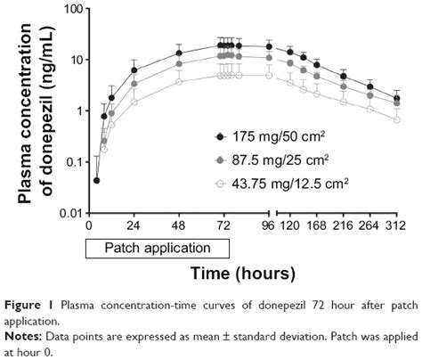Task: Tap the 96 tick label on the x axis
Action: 268,226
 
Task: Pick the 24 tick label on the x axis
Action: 134,226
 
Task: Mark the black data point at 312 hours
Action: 396,97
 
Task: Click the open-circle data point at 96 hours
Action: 268,76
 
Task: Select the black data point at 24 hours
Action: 134,70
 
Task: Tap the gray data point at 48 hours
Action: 179,63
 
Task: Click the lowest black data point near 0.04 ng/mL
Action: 96,180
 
